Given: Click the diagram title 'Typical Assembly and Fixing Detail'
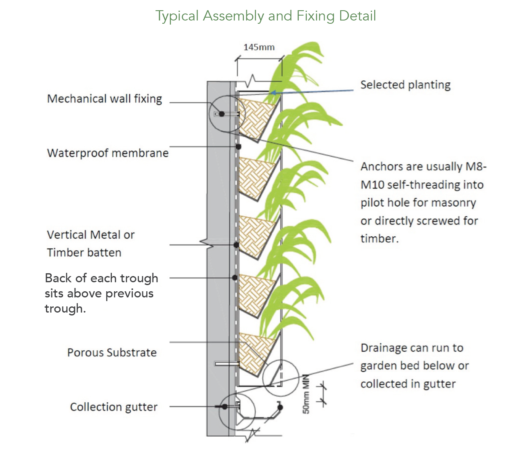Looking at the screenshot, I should [x=266, y=16].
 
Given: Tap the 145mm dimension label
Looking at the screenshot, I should [x=259, y=47].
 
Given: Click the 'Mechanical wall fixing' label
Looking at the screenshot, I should [x=105, y=99].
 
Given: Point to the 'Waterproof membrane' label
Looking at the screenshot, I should [x=108, y=153].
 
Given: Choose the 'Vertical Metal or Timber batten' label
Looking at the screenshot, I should [x=91, y=243].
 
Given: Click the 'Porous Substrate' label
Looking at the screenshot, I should [x=112, y=352].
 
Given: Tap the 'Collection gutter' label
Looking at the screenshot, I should [x=114, y=407].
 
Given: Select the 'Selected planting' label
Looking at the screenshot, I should [x=405, y=85].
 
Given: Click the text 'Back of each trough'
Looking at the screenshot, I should [x=101, y=278].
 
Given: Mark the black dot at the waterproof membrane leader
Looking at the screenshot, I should [x=238, y=147].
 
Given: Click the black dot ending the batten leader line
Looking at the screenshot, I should [x=236, y=245].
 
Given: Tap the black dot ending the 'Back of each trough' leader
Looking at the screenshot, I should [x=235, y=278].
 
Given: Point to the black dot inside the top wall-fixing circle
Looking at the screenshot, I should [x=222, y=114].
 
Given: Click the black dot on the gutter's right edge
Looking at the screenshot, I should [x=280, y=407].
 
